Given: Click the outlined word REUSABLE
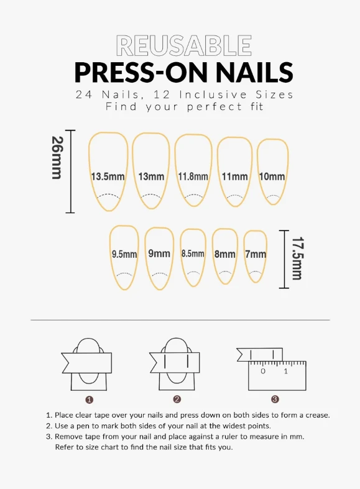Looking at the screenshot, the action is pos(184,45).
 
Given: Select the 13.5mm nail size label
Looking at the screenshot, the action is pos(108,176).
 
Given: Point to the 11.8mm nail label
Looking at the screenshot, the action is pos(193,176).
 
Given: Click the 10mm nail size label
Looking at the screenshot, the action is pos(272,176).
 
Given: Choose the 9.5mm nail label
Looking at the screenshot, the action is pos(124,254).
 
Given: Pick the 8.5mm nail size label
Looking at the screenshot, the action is pos(193,254).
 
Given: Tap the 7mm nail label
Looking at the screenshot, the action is pos(256,254).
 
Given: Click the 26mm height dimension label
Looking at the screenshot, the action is pos(57,157).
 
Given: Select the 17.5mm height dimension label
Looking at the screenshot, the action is pos(297,258).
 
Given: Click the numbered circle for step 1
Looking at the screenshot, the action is pos(89,400).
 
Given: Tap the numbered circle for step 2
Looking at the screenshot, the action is pos(177,399).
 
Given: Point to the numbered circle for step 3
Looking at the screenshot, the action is pos(275,399).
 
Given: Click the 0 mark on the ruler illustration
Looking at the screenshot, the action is pos(263,371).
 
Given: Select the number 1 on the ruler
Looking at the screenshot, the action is pos(286,371).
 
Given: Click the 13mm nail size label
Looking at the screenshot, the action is pos(151,176).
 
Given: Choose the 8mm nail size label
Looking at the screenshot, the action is pos(224,254).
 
